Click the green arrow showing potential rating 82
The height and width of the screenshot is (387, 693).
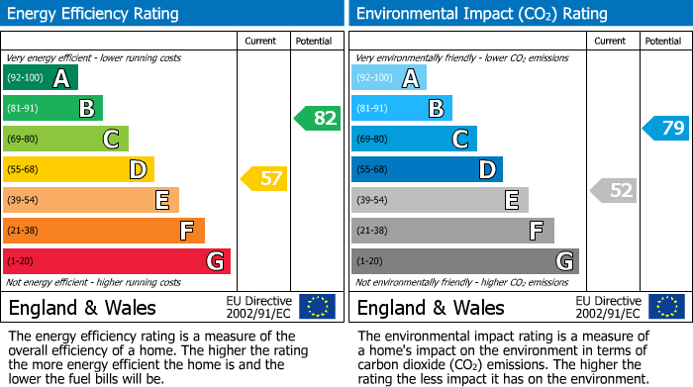click(318, 118)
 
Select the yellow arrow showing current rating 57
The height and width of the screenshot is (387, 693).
click(264, 179)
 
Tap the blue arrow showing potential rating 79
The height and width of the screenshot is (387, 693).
click(666, 128)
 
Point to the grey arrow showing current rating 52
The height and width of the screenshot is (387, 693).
click(613, 190)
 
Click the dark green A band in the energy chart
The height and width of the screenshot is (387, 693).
click(40, 78)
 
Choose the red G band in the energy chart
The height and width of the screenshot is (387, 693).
click(116, 261)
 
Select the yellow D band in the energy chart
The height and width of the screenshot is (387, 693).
click(78, 169)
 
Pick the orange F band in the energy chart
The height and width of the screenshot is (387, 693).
click(103, 231)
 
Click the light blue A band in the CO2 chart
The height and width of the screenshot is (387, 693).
click(389, 78)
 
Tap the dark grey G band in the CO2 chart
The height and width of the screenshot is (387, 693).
click(464, 261)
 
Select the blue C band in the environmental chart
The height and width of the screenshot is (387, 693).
click(414, 139)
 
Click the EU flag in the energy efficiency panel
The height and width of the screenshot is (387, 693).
click(317, 306)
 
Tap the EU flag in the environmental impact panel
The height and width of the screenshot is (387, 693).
click(666, 306)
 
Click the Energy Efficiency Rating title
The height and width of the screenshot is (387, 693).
click(94, 14)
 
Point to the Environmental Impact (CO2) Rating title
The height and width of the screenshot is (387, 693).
click(481, 14)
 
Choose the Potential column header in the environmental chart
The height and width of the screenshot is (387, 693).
click(663, 41)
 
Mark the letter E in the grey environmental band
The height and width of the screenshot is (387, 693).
click(511, 200)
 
